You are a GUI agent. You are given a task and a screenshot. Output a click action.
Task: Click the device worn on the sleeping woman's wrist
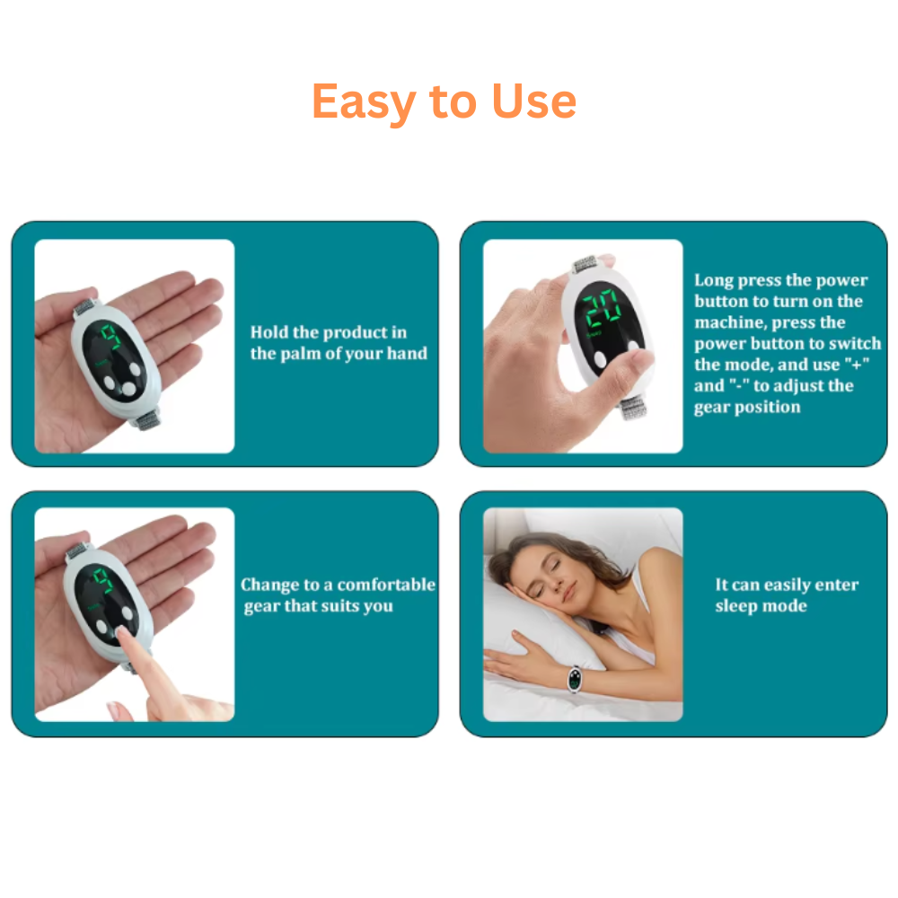pyautogui.click(x=574, y=680)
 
